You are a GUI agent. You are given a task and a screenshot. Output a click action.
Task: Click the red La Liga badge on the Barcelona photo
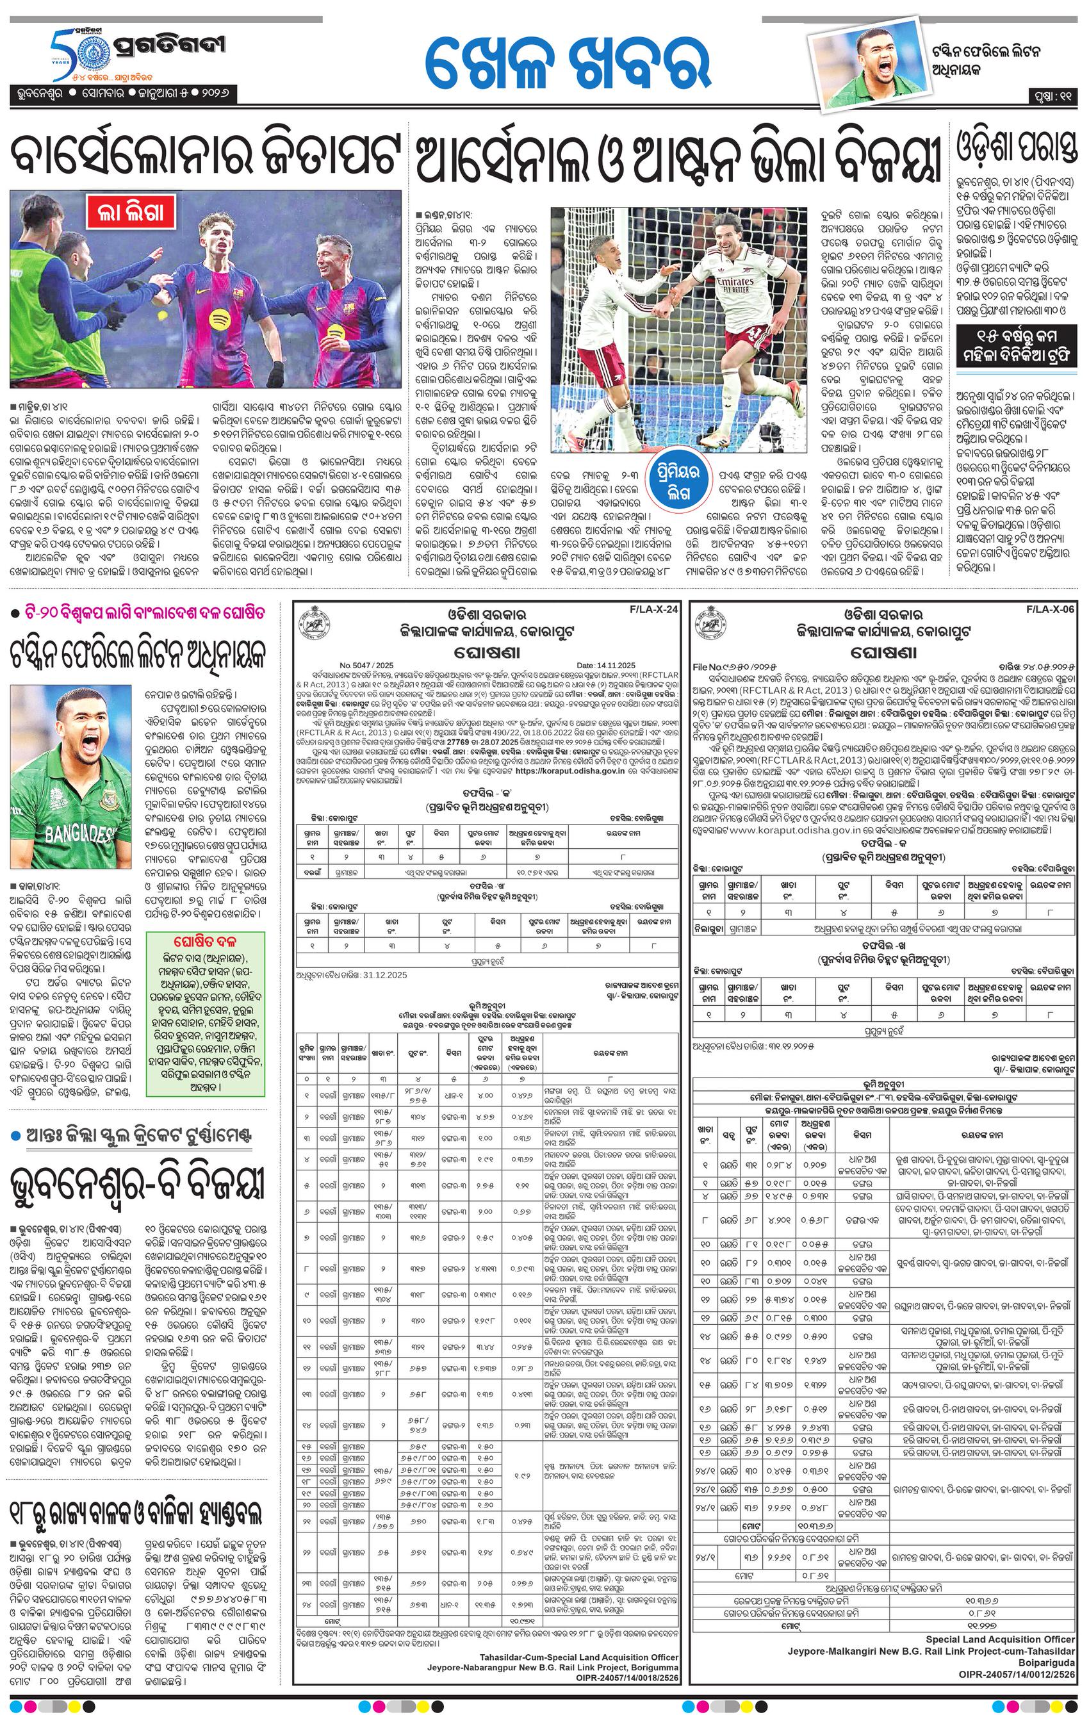coord(133,212)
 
